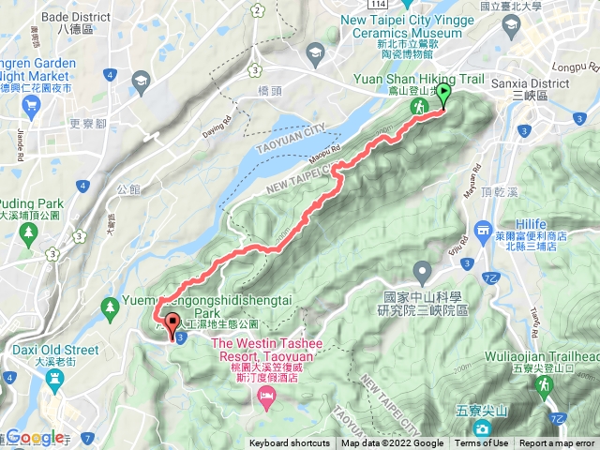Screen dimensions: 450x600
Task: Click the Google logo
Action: [x=34, y=437]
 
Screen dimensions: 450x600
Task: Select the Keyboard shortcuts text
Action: [x=289, y=443]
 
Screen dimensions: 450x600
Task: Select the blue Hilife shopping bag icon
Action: [x=484, y=229]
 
